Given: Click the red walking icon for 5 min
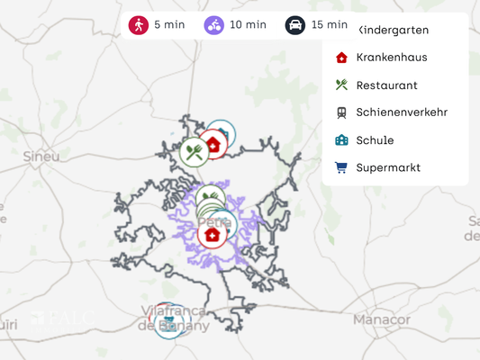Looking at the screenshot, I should (x=139, y=25).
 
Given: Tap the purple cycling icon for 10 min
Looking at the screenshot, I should (x=214, y=25).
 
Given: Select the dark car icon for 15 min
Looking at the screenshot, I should (x=295, y=25).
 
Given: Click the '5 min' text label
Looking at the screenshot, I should (x=169, y=25).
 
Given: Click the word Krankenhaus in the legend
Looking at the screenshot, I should (x=391, y=58).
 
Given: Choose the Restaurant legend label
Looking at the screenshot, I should (x=386, y=85).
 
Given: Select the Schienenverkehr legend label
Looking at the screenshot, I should (x=402, y=112).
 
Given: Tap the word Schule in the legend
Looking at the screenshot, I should (x=375, y=140).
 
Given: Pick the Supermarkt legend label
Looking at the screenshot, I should (x=388, y=167).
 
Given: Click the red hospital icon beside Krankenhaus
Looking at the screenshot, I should (x=341, y=58).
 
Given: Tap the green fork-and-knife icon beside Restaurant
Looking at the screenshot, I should (x=341, y=85).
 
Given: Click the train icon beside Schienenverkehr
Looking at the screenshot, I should (x=341, y=112).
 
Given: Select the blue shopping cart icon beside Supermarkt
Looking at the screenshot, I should (x=341, y=167).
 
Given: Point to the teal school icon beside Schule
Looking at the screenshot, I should (x=341, y=140).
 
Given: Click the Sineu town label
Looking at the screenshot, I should (x=41, y=156).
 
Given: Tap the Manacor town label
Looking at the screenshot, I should (x=381, y=319).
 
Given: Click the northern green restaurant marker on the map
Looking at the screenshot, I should (x=194, y=151).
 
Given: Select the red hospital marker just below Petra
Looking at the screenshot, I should (x=212, y=236).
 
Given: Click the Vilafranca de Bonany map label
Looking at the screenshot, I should (x=174, y=318).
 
